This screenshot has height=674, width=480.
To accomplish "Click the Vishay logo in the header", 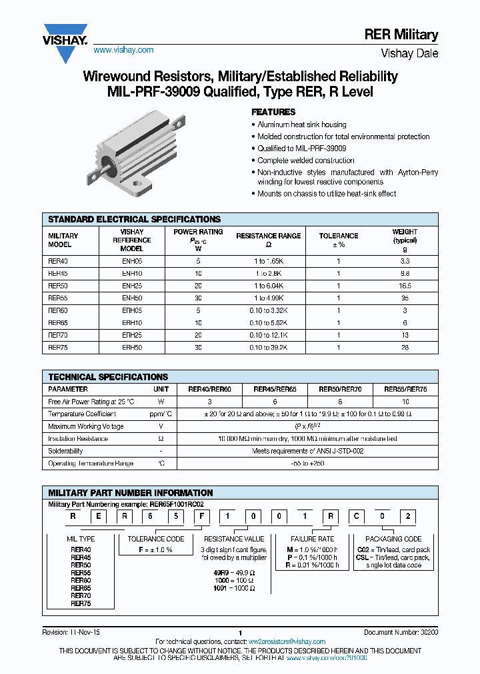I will (x=65, y=42).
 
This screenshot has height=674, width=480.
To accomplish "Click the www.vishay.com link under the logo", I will (x=123, y=50).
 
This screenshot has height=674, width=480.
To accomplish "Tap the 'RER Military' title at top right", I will (x=401, y=35).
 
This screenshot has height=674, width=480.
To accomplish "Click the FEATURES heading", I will (x=273, y=112).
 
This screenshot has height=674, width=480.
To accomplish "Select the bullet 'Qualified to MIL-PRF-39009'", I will (x=301, y=149).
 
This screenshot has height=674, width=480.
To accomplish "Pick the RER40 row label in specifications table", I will (x=58, y=262).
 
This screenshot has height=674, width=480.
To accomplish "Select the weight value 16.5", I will (x=405, y=284).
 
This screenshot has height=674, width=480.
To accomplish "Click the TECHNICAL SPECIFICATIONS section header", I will (x=108, y=377).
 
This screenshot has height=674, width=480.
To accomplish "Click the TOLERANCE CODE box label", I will (x=156, y=539).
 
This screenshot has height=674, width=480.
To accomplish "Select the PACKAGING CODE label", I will (x=393, y=539).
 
